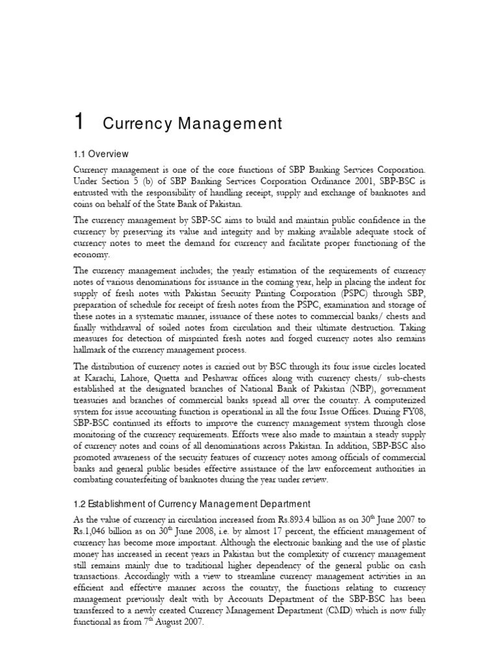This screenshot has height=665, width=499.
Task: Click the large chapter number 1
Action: click(79, 121)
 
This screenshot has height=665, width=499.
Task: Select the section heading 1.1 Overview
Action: click(101, 155)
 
